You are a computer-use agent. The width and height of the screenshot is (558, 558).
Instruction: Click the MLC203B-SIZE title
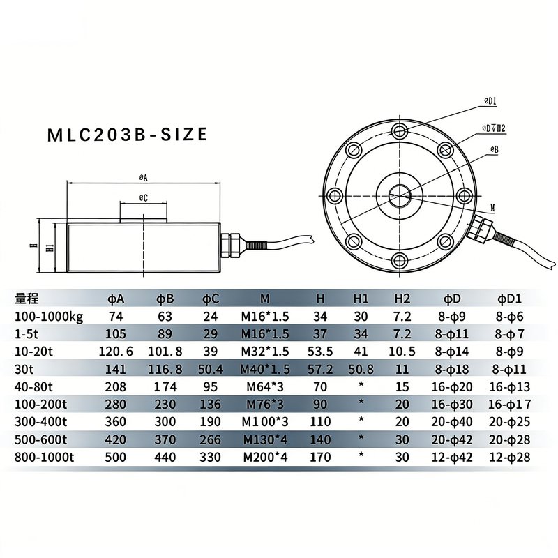pos(127,135)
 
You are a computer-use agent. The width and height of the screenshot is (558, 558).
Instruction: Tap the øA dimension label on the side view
pos(143,178)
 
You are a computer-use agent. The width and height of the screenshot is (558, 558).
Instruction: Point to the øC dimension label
pos(143,198)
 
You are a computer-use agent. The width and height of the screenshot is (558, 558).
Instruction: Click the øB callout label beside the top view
pos(495,150)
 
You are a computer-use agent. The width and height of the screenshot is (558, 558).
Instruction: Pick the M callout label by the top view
pos(493,208)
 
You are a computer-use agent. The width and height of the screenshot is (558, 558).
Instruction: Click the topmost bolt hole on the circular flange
pos(399,130)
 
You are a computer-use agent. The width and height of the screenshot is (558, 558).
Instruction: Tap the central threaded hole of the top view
pos(399,195)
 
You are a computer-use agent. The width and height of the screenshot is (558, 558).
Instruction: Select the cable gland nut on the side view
pos(230,245)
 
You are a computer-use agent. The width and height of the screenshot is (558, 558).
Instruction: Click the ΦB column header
pos(165,299)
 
